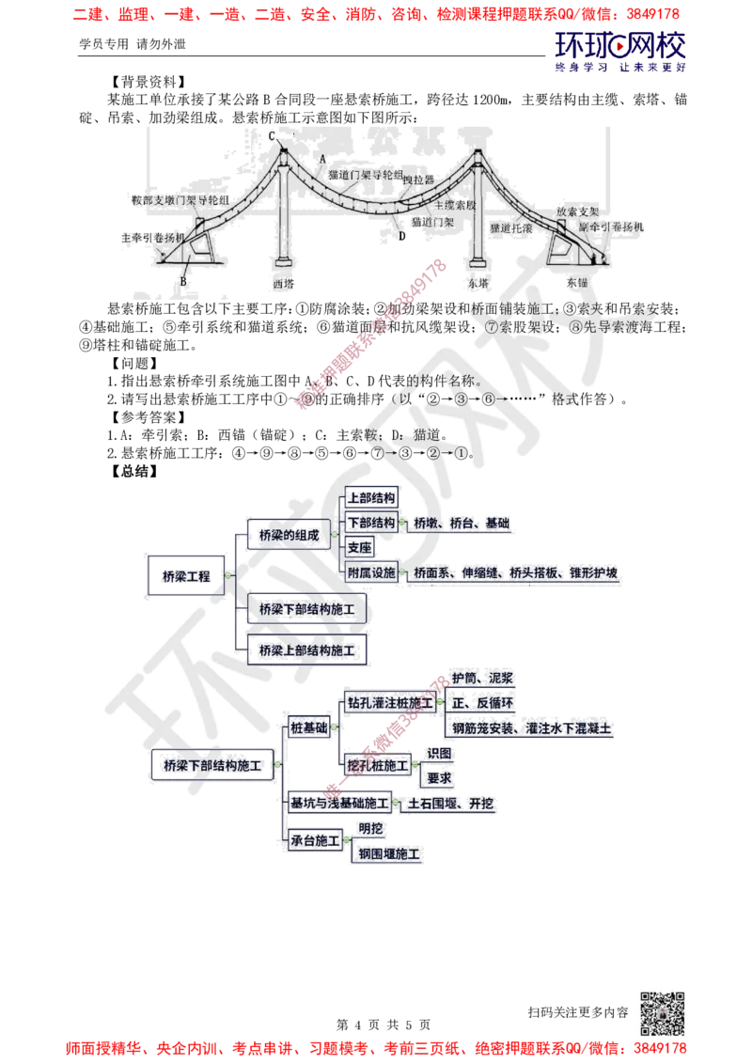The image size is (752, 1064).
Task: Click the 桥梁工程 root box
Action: click(186, 577)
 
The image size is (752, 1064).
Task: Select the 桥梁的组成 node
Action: click(289, 535)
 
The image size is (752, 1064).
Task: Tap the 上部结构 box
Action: click(371, 498)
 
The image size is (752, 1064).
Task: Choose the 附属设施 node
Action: click(371, 572)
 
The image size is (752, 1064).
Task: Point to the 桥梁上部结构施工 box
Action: click(306, 650)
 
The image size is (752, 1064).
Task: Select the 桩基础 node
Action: click(309, 728)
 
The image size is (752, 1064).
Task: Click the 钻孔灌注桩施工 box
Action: click(389, 702)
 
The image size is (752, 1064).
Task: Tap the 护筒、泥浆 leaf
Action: click(481, 678)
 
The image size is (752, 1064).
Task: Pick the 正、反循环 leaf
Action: click(483, 702)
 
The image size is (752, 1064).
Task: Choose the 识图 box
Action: click(439, 753)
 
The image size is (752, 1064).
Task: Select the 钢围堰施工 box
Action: click(388, 853)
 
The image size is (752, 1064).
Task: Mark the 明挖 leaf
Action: click(369, 828)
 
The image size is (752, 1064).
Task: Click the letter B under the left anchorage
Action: click(184, 281)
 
